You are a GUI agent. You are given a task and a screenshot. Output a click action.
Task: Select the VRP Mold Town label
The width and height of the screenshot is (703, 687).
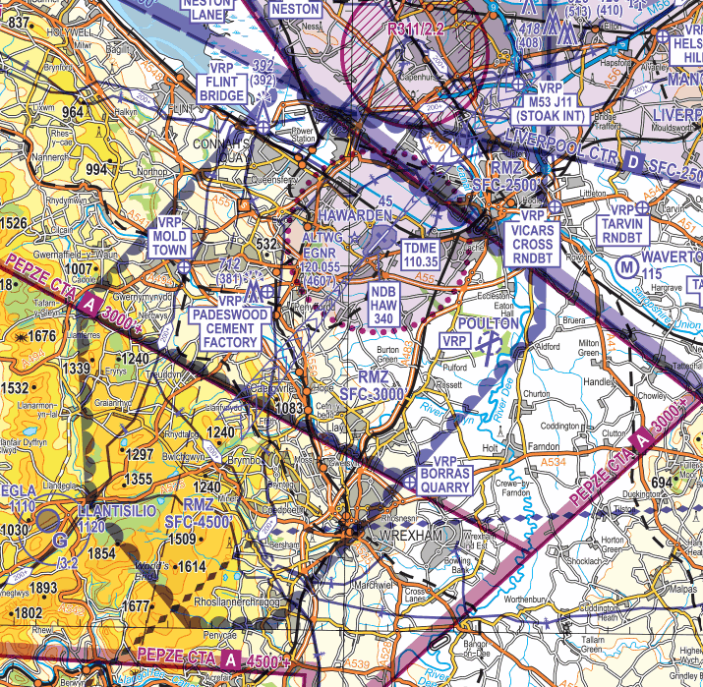pyautogui.click(x=168, y=243)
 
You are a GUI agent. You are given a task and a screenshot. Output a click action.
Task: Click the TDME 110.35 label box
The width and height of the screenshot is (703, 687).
pyautogui.click(x=420, y=256)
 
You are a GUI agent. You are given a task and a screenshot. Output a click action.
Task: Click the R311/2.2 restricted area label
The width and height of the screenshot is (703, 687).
pyautogui.click(x=418, y=29)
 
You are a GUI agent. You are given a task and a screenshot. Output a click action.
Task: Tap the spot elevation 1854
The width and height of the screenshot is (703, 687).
pyautogui.click(x=101, y=555)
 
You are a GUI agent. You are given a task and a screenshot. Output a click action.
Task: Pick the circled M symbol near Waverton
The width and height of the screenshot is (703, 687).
pyautogui.click(x=625, y=265)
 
